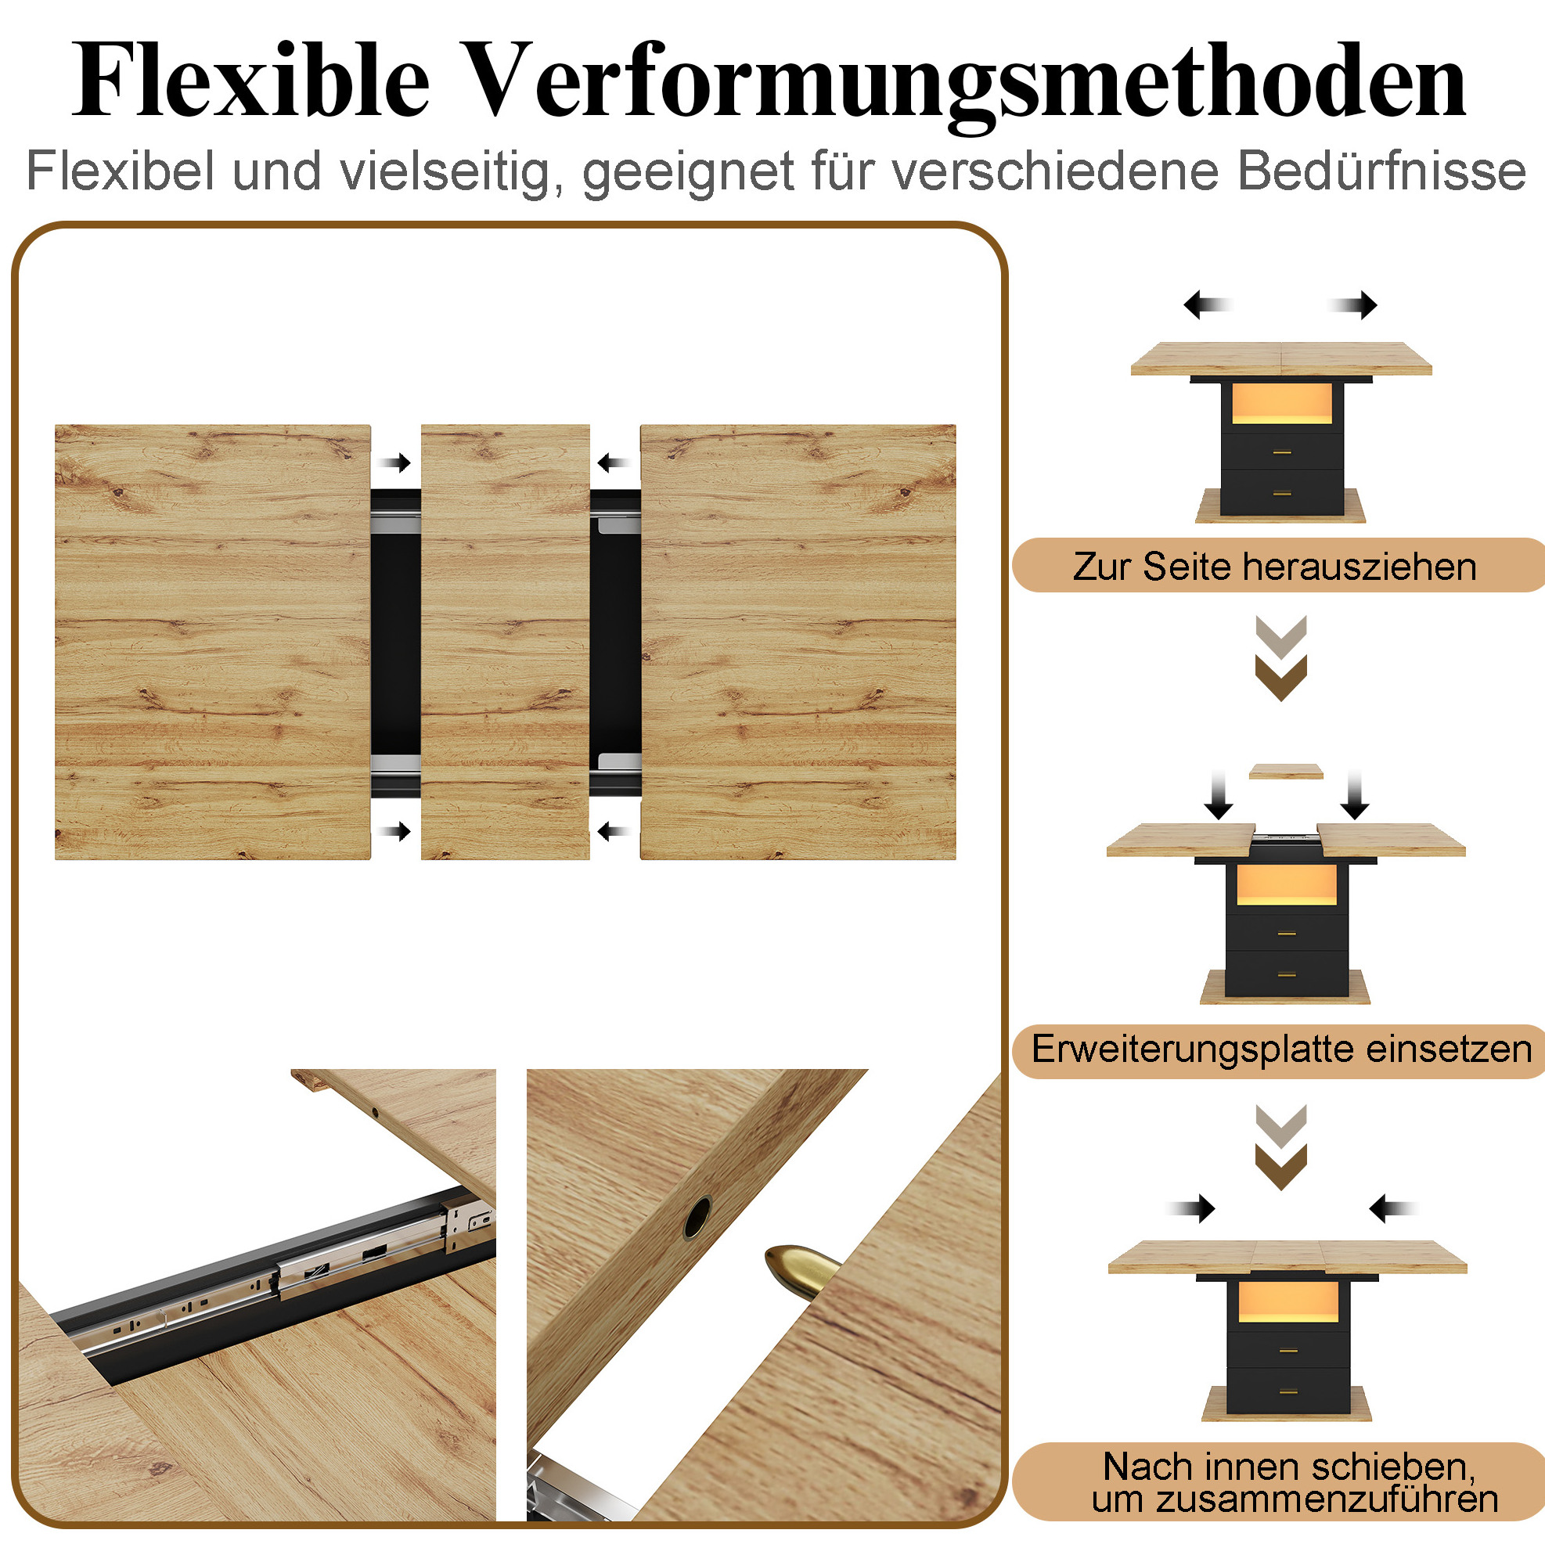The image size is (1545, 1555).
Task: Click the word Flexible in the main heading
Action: pyautogui.click(x=250, y=81)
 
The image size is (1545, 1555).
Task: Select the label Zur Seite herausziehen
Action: pyautogui.click(x=1274, y=567)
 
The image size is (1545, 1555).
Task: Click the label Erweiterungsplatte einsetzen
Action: pyautogui.click(x=1282, y=1049)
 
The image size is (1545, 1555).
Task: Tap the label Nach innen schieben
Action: pyautogui.click(x=1290, y=1467)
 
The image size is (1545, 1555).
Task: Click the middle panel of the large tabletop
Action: pyautogui.click(x=506, y=642)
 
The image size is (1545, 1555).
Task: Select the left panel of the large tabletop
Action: pyautogui.click(x=213, y=642)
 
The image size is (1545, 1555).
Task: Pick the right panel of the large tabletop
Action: pyautogui.click(x=798, y=642)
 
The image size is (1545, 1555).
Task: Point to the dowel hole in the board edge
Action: pyautogui.click(x=697, y=1217)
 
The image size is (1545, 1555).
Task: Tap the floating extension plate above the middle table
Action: pyautogui.click(x=1286, y=772)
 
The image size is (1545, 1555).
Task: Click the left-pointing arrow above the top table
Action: pyautogui.click(x=1208, y=305)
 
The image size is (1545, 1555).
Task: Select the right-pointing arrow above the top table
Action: pyautogui.click(x=1352, y=305)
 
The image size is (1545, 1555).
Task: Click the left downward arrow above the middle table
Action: pyautogui.click(x=1219, y=795)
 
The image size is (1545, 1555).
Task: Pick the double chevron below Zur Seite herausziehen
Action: pyautogui.click(x=1281, y=658)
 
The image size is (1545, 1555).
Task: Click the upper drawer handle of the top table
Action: pyautogui.click(x=1283, y=453)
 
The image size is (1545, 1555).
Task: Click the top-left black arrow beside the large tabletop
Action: pyautogui.click(x=394, y=463)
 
